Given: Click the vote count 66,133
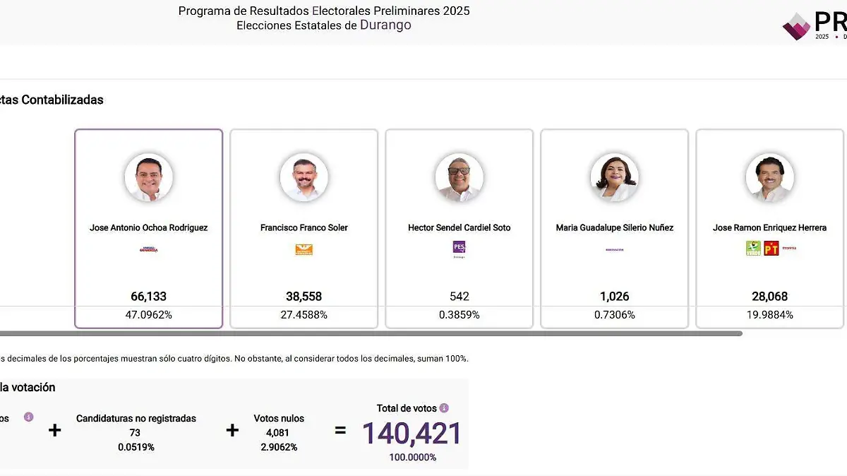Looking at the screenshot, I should click(148, 297).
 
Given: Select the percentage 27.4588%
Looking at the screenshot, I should click(304, 315).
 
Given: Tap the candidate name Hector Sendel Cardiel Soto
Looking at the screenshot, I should click(459, 227).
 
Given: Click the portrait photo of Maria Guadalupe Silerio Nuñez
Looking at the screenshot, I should click(614, 178).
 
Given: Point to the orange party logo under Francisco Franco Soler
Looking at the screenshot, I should click(304, 249).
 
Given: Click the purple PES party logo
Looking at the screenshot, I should click(459, 247).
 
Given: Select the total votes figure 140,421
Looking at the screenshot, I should click(412, 434).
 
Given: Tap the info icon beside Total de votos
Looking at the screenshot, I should click(444, 408).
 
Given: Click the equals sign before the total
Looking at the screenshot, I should click(340, 430).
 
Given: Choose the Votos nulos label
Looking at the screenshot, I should click(279, 419).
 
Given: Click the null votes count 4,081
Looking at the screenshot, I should click(279, 433).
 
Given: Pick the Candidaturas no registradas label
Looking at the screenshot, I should click(136, 419).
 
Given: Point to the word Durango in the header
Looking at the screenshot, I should click(385, 25).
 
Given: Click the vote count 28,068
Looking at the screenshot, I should click(769, 297).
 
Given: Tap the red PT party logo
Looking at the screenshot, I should click(771, 249).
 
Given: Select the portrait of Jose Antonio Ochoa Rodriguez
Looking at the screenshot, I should click(148, 178).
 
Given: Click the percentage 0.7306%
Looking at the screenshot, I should click(614, 315).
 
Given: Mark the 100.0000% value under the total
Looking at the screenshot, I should click(412, 457).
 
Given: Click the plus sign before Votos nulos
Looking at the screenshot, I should click(232, 430).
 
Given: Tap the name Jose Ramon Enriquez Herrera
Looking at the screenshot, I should click(769, 227).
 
